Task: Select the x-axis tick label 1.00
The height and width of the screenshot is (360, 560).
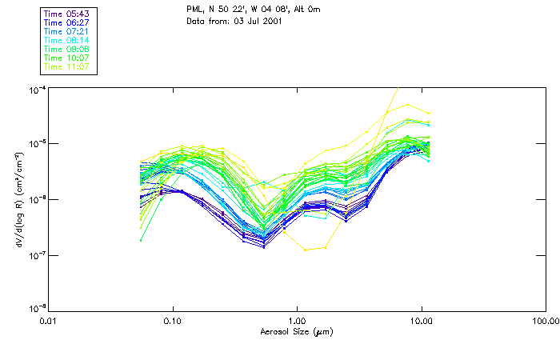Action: point(297,321)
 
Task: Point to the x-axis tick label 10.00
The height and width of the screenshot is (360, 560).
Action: point(421,321)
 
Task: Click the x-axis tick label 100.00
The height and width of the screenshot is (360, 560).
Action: point(544,321)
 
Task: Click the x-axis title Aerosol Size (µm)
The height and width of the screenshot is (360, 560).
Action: point(296,331)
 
